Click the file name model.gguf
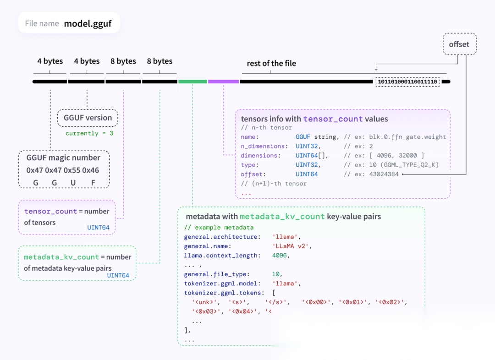88,23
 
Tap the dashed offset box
459,44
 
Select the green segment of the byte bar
192,82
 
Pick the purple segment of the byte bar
223,82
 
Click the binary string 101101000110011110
407,82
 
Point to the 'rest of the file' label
271,63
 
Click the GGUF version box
88,118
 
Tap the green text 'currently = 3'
89,133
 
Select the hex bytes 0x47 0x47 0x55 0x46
63,170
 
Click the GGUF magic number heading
63,158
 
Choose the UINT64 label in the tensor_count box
98,227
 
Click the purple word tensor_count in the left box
50,211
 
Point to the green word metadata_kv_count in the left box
61,257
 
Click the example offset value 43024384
384,174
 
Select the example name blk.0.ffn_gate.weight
407,137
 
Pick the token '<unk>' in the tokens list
204,302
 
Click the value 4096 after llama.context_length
280,255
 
